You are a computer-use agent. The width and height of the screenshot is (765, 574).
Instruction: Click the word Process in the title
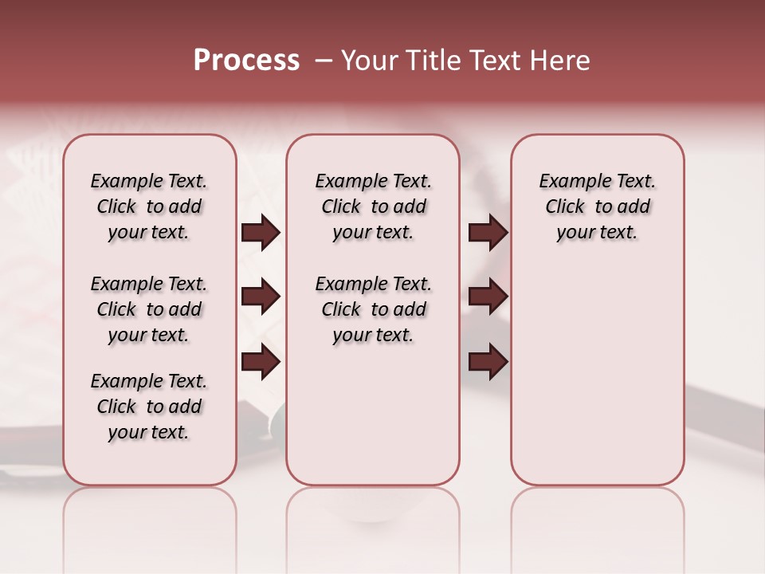pyautogui.click(x=246, y=61)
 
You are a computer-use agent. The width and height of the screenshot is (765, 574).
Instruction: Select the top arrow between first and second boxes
pyautogui.click(x=261, y=233)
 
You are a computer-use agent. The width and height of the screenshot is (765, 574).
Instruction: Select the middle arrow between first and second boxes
pyautogui.click(x=261, y=297)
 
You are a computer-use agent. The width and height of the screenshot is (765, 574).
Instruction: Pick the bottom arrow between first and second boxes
pyautogui.click(x=261, y=362)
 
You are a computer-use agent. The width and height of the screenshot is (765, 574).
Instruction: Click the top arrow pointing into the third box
pyautogui.click(x=488, y=233)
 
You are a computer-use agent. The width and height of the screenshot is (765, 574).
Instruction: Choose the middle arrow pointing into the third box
pyautogui.click(x=488, y=297)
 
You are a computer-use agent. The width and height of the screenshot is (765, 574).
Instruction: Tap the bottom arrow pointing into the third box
pyautogui.click(x=488, y=362)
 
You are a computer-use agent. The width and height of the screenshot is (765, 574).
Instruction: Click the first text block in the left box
pyautogui.click(x=149, y=206)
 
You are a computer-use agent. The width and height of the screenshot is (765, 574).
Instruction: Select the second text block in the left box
pyautogui.click(x=149, y=309)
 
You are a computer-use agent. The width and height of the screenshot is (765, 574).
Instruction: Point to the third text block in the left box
pyautogui.click(x=149, y=407)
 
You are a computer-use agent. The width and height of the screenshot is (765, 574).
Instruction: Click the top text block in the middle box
pyautogui.click(x=373, y=206)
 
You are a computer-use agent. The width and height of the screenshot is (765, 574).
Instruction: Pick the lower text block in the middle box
pyautogui.click(x=373, y=309)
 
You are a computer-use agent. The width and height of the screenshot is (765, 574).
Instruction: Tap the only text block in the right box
pyautogui.click(x=597, y=206)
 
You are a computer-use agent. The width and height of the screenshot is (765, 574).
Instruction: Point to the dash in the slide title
pyautogui.click(x=324, y=61)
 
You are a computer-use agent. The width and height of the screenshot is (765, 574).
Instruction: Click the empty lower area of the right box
pyautogui.click(x=597, y=375)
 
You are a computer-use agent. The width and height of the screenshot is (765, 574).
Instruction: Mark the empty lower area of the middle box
pyautogui.click(x=373, y=415)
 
